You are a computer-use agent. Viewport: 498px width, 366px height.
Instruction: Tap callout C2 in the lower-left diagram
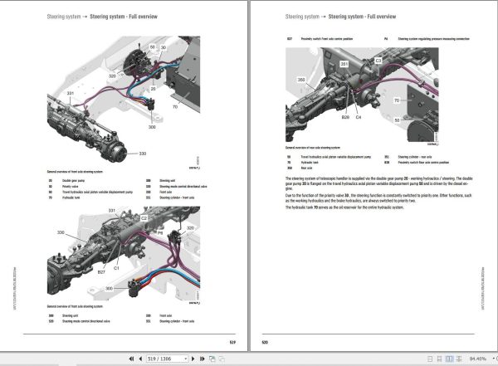[x=144, y=217]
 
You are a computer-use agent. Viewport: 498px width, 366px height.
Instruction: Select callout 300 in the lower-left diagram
[x=107, y=288]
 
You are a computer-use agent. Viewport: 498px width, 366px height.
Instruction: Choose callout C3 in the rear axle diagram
[x=378, y=61]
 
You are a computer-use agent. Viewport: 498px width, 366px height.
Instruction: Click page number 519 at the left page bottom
[x=232, y=341]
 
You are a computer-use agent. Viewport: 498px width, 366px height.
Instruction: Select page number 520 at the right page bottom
[x=265, y=341]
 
